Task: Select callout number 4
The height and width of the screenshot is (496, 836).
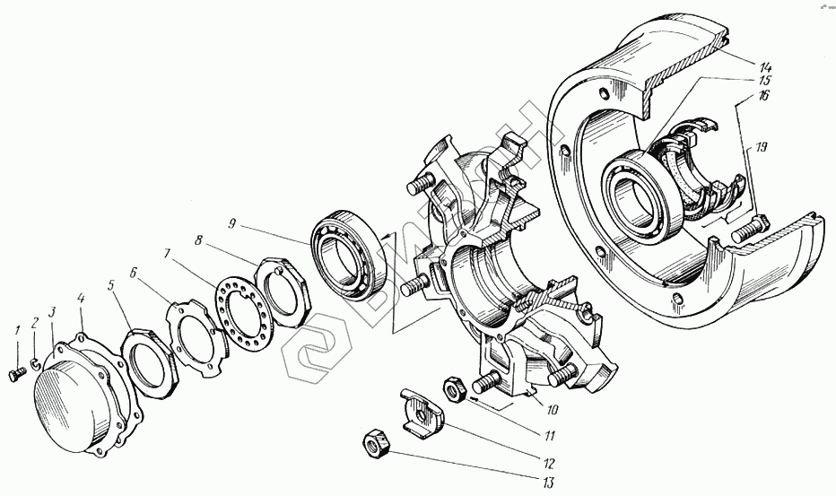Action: click(x=82, y=299)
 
